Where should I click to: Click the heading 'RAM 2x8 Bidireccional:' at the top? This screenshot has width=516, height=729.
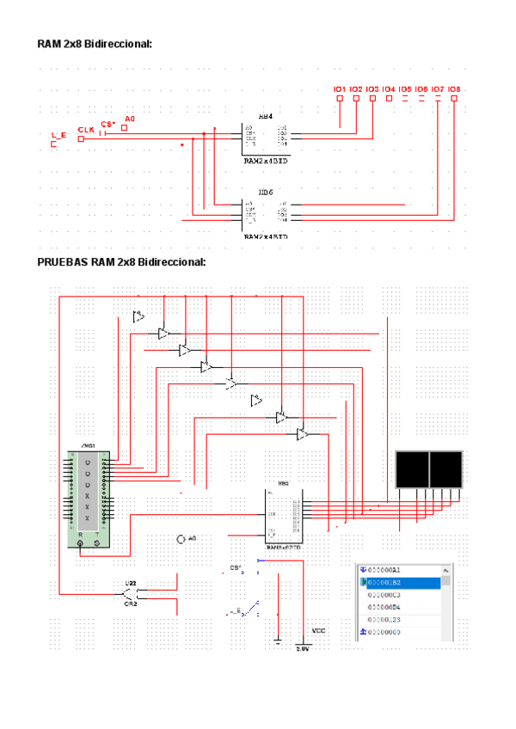point(95,43)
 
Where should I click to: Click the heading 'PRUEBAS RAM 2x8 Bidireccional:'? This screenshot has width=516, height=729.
point(121,261)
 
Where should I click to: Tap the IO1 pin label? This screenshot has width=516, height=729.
point(340,89)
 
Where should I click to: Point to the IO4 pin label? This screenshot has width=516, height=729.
point(389,89)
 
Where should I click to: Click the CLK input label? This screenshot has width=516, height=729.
point(86,130)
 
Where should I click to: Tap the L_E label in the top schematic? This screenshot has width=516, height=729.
point(58,135)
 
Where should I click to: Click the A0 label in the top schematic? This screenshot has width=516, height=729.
point(130,118)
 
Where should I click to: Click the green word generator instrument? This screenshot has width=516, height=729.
point(87,499)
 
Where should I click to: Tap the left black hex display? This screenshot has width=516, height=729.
point(412,469)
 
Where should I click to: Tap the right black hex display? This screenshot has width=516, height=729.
point(445,469)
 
